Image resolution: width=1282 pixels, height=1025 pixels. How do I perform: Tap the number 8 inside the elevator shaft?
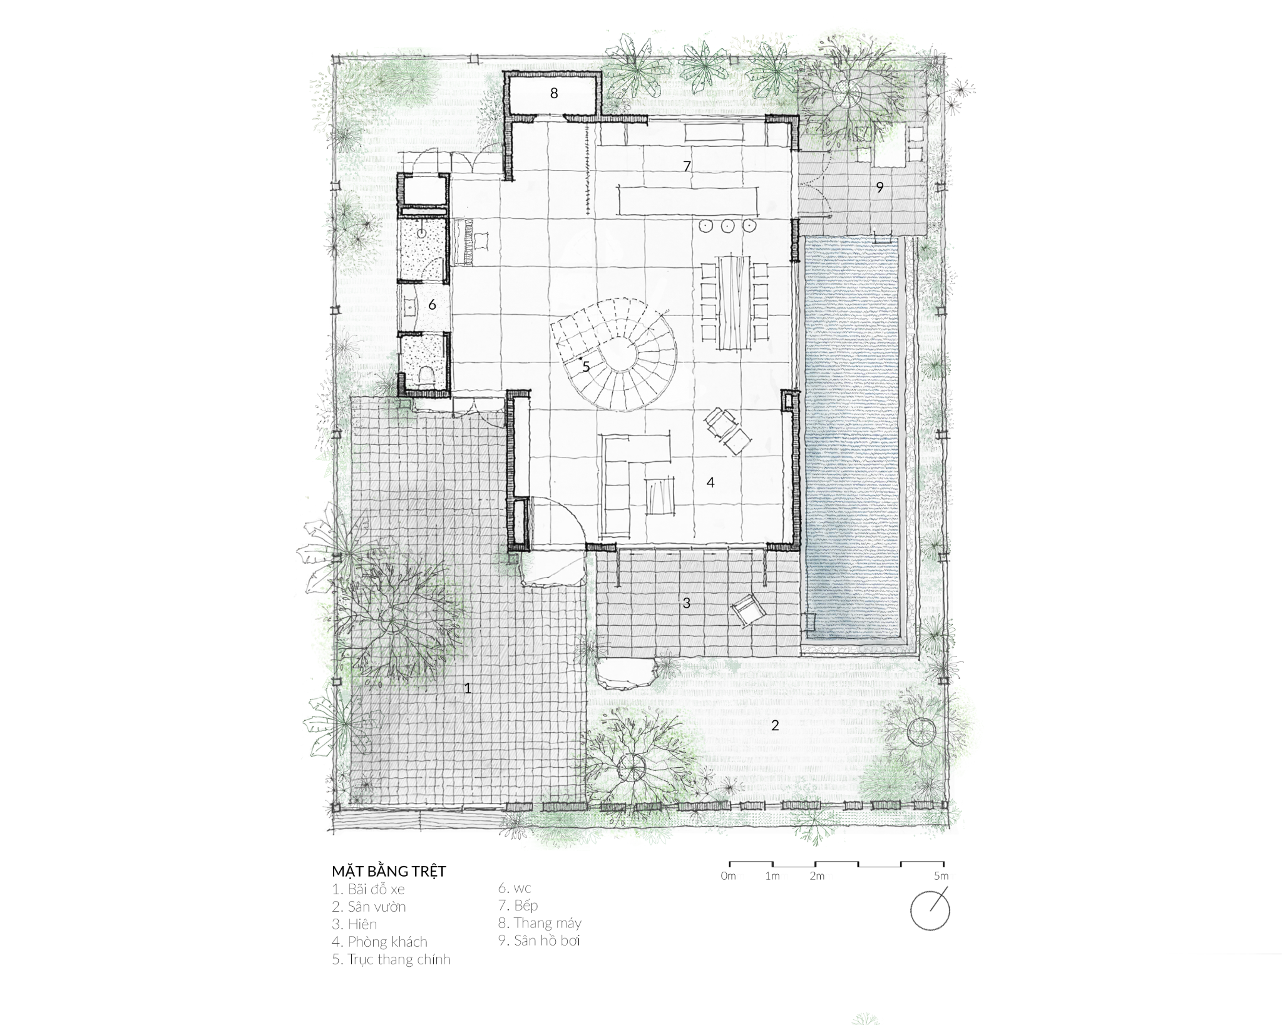554,94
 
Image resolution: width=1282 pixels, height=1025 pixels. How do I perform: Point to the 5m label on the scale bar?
940,876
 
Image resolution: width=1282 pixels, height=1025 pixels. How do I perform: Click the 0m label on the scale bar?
728,876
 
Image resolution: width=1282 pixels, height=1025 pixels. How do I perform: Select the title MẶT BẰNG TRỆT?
389,872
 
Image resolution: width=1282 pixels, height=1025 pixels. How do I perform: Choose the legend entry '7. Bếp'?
518,905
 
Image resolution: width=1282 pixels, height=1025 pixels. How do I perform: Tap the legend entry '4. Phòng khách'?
379,942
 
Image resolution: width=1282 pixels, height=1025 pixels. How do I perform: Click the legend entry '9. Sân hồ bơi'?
539,941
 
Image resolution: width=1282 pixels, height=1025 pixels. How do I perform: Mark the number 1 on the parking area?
467,688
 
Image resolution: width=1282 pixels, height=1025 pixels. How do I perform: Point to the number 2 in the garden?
775,725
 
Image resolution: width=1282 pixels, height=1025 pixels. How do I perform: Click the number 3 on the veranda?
686,603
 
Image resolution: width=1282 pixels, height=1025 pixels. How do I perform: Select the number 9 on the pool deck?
879,186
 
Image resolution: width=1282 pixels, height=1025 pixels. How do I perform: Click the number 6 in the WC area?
432,305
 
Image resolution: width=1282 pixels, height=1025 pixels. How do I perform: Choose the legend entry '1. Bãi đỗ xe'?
368,889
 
